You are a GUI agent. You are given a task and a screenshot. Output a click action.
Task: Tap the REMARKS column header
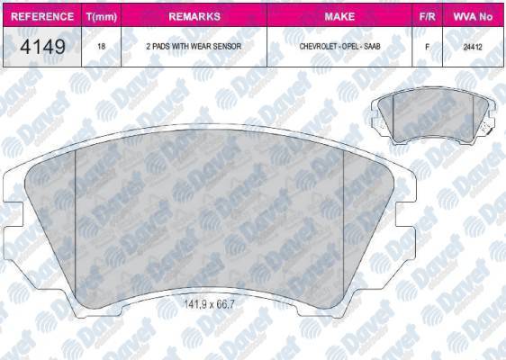point(194,16)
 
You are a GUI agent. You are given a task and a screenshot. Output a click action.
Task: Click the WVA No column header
point(475,16)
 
